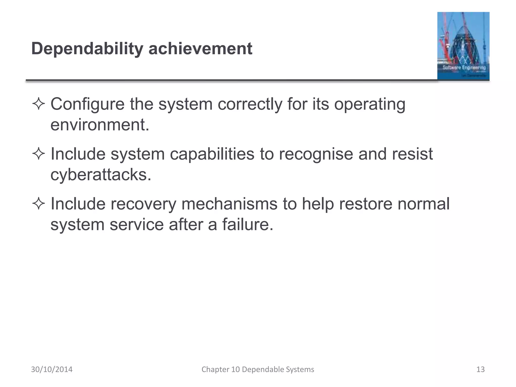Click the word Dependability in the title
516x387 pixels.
(x=87, y=49)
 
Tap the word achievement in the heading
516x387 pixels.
(x=200, y=49)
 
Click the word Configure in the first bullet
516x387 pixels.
(x=87, y=104)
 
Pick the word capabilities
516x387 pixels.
(x=212, y=154)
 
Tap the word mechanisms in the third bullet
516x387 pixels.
(x=229, y=204)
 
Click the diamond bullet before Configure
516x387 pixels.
(x=39, y=104)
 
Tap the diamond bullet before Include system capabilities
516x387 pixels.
(x=39, y=154)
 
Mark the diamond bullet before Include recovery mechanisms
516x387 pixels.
(x=39, y=204)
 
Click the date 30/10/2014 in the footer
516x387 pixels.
(x=52, y=369)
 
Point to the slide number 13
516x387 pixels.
(x=480, y=369)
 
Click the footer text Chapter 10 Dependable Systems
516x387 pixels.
(x=258, y=369)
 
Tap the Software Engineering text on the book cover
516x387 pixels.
(x=464, y=68)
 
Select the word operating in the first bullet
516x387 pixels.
(x=370, y=104)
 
